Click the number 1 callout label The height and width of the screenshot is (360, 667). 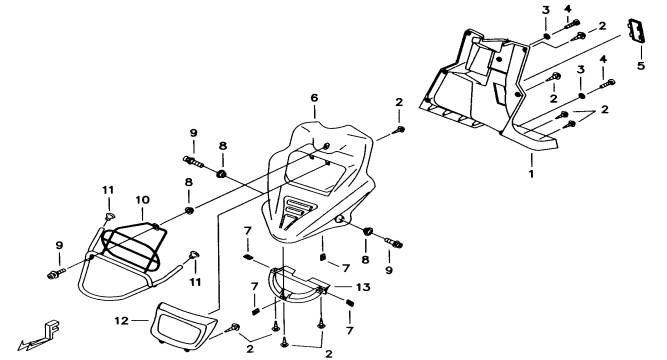point(531,174)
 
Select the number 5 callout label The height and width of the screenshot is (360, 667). point(641,66)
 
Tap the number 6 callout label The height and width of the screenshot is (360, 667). point(314,98)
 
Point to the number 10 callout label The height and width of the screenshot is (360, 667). point(143,200)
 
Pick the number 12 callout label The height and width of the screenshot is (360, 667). point(121,320)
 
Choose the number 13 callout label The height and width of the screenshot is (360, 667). point(363,287)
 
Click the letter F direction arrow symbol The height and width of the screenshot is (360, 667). point(39,334)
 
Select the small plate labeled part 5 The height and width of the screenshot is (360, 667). point(636,31)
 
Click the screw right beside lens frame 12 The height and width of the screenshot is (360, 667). point(233,328)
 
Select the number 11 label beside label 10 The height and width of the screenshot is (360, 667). point(108,190)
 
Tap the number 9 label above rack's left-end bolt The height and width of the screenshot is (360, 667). point(59,245)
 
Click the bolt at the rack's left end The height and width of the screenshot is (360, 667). point(56,274)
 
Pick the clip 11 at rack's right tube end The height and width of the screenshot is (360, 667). point(194,255)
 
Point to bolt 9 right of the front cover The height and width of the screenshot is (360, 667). point(394,243)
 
